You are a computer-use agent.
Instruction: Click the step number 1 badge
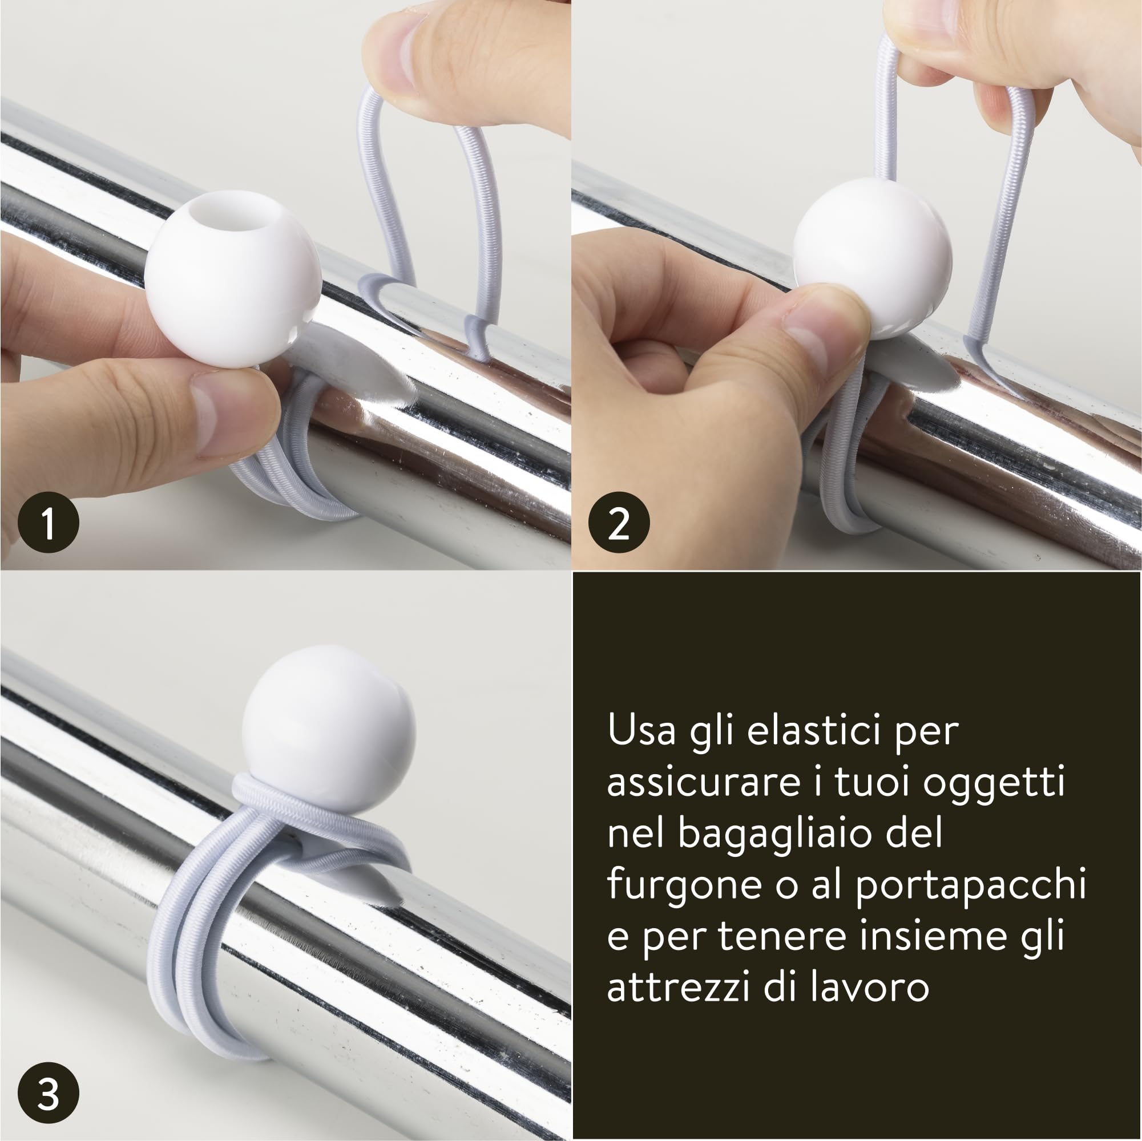click(x=48, y=523)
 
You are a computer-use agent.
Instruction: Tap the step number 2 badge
click(x=619, y=523)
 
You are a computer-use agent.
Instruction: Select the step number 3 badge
click(x=48, y=1093)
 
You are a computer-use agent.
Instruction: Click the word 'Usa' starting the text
click(x=643, y=730)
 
